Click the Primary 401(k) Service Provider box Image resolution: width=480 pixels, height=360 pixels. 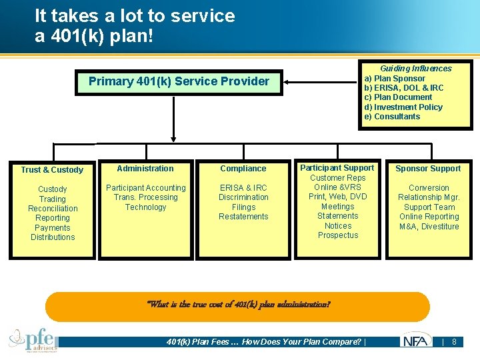point(179,82)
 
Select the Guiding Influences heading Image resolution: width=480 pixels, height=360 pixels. point(415,68)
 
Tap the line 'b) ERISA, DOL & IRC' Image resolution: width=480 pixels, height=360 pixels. point(403,87)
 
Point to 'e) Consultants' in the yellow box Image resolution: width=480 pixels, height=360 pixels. point(392,117)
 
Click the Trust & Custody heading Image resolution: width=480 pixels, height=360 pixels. point(52,170)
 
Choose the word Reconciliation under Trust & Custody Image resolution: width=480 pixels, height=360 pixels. point(53,209)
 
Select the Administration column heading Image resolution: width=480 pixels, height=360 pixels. point(145,169)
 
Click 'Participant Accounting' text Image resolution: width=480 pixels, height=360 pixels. point(145,188)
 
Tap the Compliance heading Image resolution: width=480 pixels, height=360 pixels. point(243,169)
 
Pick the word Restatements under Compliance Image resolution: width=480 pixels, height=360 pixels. point(243,217)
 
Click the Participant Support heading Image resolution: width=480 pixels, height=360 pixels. point(337,168)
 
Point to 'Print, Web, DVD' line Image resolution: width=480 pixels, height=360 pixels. point(337,197)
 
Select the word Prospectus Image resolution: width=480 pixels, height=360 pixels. point(337,235)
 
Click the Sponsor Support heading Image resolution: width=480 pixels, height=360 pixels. point(428,169)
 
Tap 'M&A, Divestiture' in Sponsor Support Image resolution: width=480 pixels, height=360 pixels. point(429,227)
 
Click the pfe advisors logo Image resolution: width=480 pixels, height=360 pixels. point(33,339)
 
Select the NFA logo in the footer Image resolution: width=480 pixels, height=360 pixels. point(416,341)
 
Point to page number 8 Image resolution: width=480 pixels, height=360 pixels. point(454,342)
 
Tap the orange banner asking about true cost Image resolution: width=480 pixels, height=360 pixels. point(238,305)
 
